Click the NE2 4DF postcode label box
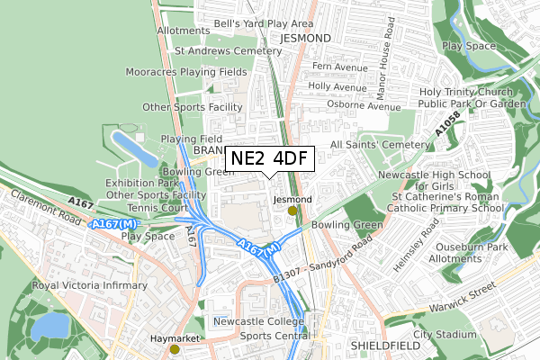click(x=268, y=158)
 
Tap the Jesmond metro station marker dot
click(x=292, y=211)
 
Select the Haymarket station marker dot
click(x=175, y=349)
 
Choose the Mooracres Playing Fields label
click(x=186, y=71)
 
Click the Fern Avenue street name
click(x=340, y=66)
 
